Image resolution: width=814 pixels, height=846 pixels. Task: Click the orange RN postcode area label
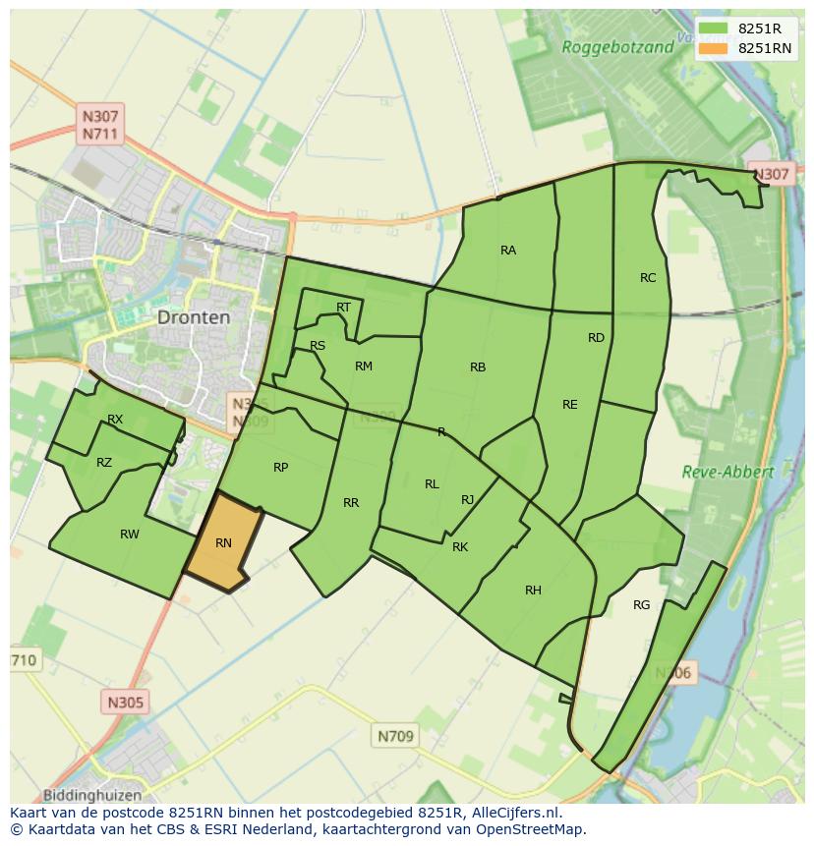(x=223, y=543)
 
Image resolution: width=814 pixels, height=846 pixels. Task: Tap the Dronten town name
(x=194, y=317)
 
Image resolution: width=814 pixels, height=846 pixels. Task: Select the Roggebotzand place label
(x=617, y=46)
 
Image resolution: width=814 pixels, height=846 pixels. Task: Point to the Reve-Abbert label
(x=727, y=472)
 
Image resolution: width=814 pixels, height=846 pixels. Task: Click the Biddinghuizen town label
(x=92, y=795)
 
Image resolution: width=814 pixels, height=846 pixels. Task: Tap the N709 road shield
(x=396, y=735)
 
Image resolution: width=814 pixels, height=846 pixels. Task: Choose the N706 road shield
(x=674, y=673)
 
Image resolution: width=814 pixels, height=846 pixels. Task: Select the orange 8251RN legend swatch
(x=714, y=48)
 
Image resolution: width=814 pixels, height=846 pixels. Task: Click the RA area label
(x=508, y=251)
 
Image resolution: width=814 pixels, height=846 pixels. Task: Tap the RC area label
(x=648, y=278)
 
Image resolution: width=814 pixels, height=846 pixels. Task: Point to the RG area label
(x=642, y=605)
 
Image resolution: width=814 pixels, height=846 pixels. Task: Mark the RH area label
(x=533, y=591)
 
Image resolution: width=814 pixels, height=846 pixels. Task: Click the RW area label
(x=130, y=535)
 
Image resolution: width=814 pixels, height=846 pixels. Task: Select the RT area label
(x=343, y=308)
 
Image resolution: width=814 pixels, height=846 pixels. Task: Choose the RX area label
(x=115, y=420)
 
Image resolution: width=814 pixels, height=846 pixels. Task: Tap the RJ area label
(x=468, y=500)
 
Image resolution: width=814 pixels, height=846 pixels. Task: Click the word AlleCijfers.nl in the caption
(x=514, y=813)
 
